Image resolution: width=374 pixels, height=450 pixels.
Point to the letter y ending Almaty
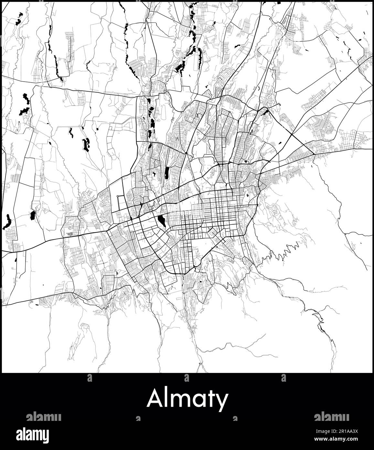coord(222,401)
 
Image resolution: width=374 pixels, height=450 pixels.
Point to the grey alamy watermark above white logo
coord(44,417)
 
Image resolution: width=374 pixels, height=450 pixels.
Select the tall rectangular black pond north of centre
coord(167,173)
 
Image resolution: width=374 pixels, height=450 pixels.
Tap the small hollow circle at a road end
coord(118,197)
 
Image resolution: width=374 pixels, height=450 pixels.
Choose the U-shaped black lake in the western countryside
coord(86,144)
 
